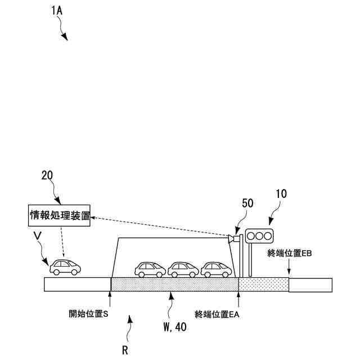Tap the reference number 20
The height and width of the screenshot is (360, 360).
point(47,175)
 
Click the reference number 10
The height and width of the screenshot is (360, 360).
point(281,194)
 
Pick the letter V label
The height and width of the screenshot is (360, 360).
point(37,238)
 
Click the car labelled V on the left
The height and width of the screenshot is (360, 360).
point(65,267)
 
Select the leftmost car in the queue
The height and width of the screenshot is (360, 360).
point(150,270)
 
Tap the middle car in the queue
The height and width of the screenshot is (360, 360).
point(183,270)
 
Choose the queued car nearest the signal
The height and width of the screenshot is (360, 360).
point(216,270)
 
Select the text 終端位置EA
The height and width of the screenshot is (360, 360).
point(217,314)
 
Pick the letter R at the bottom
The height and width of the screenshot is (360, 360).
point(125,350)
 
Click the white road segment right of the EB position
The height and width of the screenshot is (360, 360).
point(310,284)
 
